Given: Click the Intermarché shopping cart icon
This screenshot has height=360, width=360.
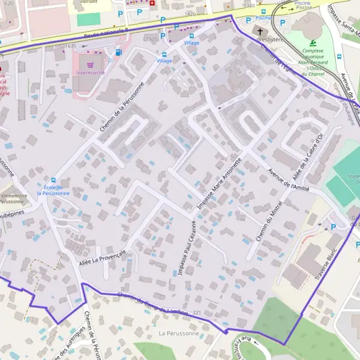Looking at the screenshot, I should pos(90,64).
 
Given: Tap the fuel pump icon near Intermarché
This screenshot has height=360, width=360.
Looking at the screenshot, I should pos(118,52).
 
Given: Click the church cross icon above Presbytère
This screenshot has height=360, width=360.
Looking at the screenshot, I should pos(260,31).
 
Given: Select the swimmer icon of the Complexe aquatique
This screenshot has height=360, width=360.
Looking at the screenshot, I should pos(312,43).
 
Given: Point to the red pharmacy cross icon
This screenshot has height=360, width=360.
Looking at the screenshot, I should pos(152,3).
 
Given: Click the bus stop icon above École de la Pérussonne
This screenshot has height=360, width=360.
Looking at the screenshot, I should pos(53,179).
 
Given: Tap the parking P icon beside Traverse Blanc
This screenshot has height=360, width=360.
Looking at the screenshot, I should pos(334,227).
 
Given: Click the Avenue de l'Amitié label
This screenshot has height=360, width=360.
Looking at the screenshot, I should pos(291,177).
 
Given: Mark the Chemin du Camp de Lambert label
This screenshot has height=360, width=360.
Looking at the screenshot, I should pos(153,304).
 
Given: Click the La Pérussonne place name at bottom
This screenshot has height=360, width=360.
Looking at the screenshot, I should pos(178,332).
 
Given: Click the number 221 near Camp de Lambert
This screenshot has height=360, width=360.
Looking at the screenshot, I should pos(197,313).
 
